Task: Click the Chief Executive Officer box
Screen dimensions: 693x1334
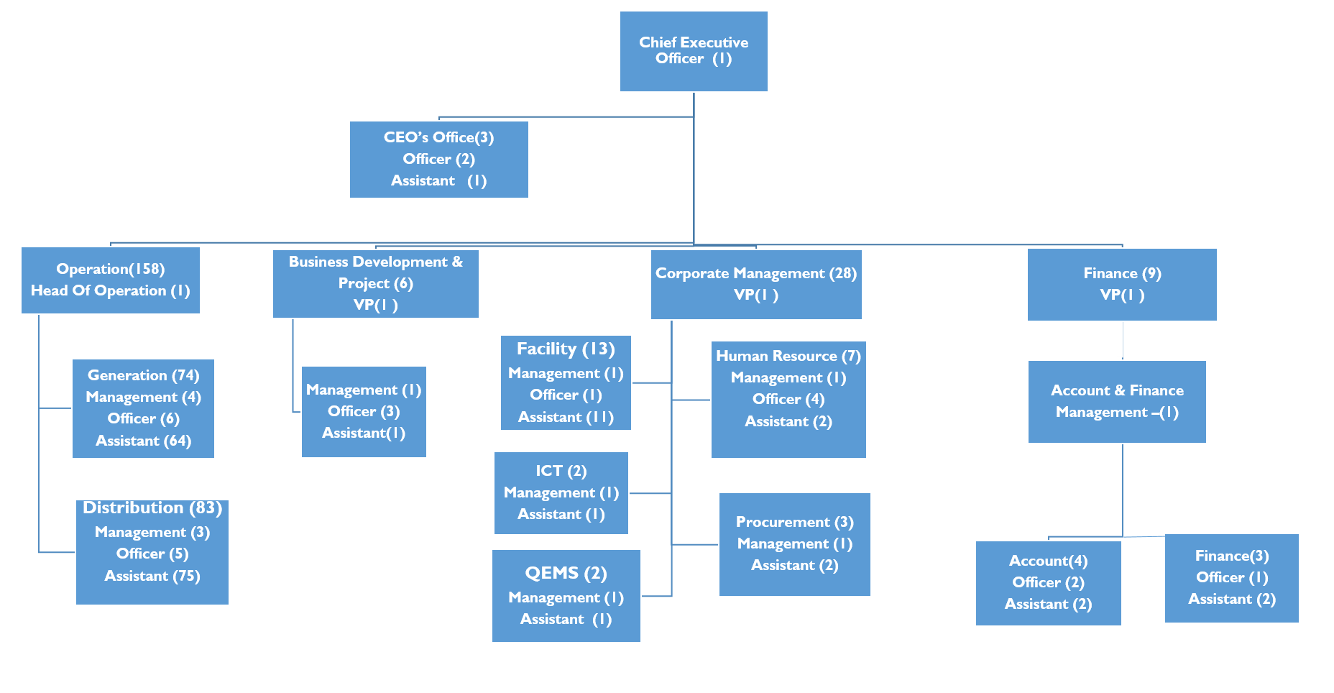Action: (x=694, y=51)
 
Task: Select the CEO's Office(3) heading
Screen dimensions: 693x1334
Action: (x=438, y=137)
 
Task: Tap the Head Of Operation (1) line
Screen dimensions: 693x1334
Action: (x=110, y=290)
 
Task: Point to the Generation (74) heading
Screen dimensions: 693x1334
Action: (x=143, y=375)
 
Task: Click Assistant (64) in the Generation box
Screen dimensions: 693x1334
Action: (x=143, y=441)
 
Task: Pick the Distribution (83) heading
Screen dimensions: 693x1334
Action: (x=152, y=508)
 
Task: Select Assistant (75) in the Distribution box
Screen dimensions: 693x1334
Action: (x=152, y=576)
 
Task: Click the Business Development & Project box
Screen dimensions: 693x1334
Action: (x=375, y=283)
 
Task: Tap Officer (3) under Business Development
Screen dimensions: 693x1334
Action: (x=364, y=411)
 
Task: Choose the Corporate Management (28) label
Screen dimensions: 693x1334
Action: (x=755, y=273)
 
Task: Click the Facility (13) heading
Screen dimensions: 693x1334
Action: (x=566, y=349)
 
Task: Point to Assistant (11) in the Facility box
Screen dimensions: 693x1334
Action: (x=566, y=417)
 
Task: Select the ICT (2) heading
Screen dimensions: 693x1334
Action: (x=561, y=471)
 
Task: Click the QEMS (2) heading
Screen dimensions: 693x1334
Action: (x=566, y=573)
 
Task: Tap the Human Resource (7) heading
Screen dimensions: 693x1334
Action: (x=788, y=356)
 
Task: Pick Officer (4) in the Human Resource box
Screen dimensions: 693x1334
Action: (x=788, y=399)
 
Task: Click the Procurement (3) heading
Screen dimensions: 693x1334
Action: (x=794, y=522)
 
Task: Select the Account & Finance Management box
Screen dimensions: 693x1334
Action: (x=1117, y=401)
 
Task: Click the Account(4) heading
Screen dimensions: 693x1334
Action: (x=1048, y=561)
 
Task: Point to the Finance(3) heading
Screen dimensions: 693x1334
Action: (x=1231, y=556)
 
